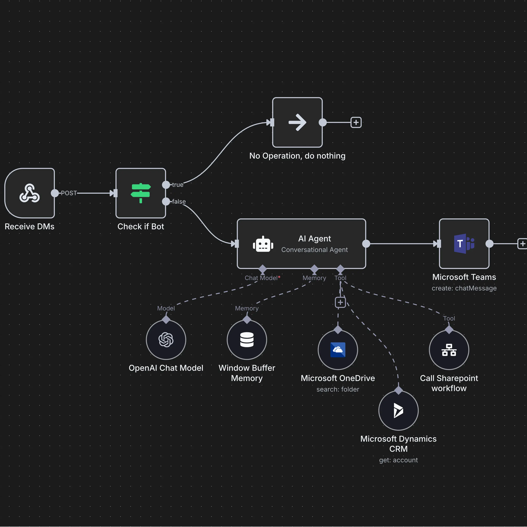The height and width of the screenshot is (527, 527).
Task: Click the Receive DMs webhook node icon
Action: tap(29, 193)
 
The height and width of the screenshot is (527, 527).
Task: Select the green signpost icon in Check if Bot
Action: tap(141, 193)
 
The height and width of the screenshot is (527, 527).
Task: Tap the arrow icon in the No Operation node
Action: tap(297, 122)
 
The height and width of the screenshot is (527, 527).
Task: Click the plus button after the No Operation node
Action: tap(356, 122)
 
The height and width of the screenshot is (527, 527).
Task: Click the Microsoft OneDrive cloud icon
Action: tap(338, 350)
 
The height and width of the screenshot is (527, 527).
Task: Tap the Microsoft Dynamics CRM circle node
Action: tap(398, 411)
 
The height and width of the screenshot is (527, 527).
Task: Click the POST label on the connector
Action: tap(69, 193)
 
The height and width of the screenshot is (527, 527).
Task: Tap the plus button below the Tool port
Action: tap(340, 302)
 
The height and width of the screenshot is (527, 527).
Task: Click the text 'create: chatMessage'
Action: tap(464, 288)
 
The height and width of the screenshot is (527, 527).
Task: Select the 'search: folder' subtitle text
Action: tap(338, 389)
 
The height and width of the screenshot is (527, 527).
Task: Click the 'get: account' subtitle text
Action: tap(398, 460)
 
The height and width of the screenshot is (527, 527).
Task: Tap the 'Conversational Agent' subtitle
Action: tap(315, 250)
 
